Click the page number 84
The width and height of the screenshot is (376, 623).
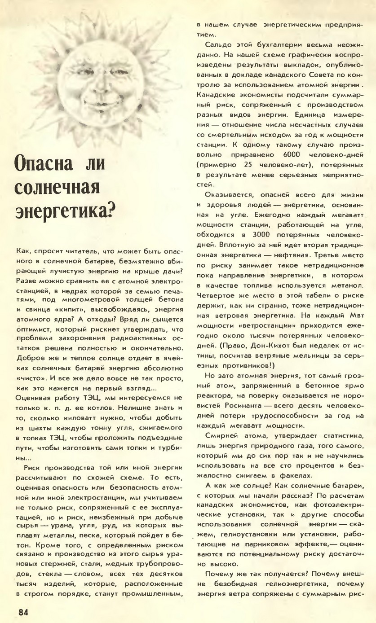tap(24, 612)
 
